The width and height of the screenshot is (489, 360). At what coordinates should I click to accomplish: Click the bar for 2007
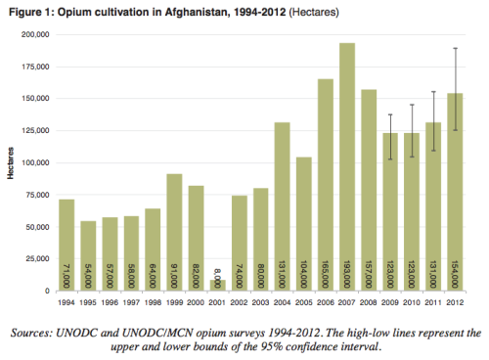tap(347, 166)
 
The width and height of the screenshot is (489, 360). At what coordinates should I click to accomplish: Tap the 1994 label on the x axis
tap(67, 302)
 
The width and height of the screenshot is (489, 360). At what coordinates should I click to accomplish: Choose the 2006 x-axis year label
tap(326, 302)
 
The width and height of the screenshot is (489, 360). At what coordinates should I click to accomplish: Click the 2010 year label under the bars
tap(412, 302)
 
